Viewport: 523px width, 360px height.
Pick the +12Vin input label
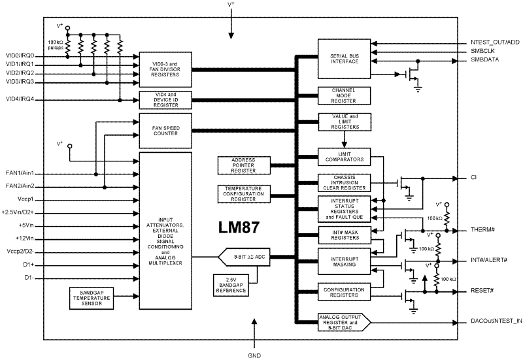tap(18, 238)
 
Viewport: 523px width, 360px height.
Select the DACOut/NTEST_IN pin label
tap(496, 321)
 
